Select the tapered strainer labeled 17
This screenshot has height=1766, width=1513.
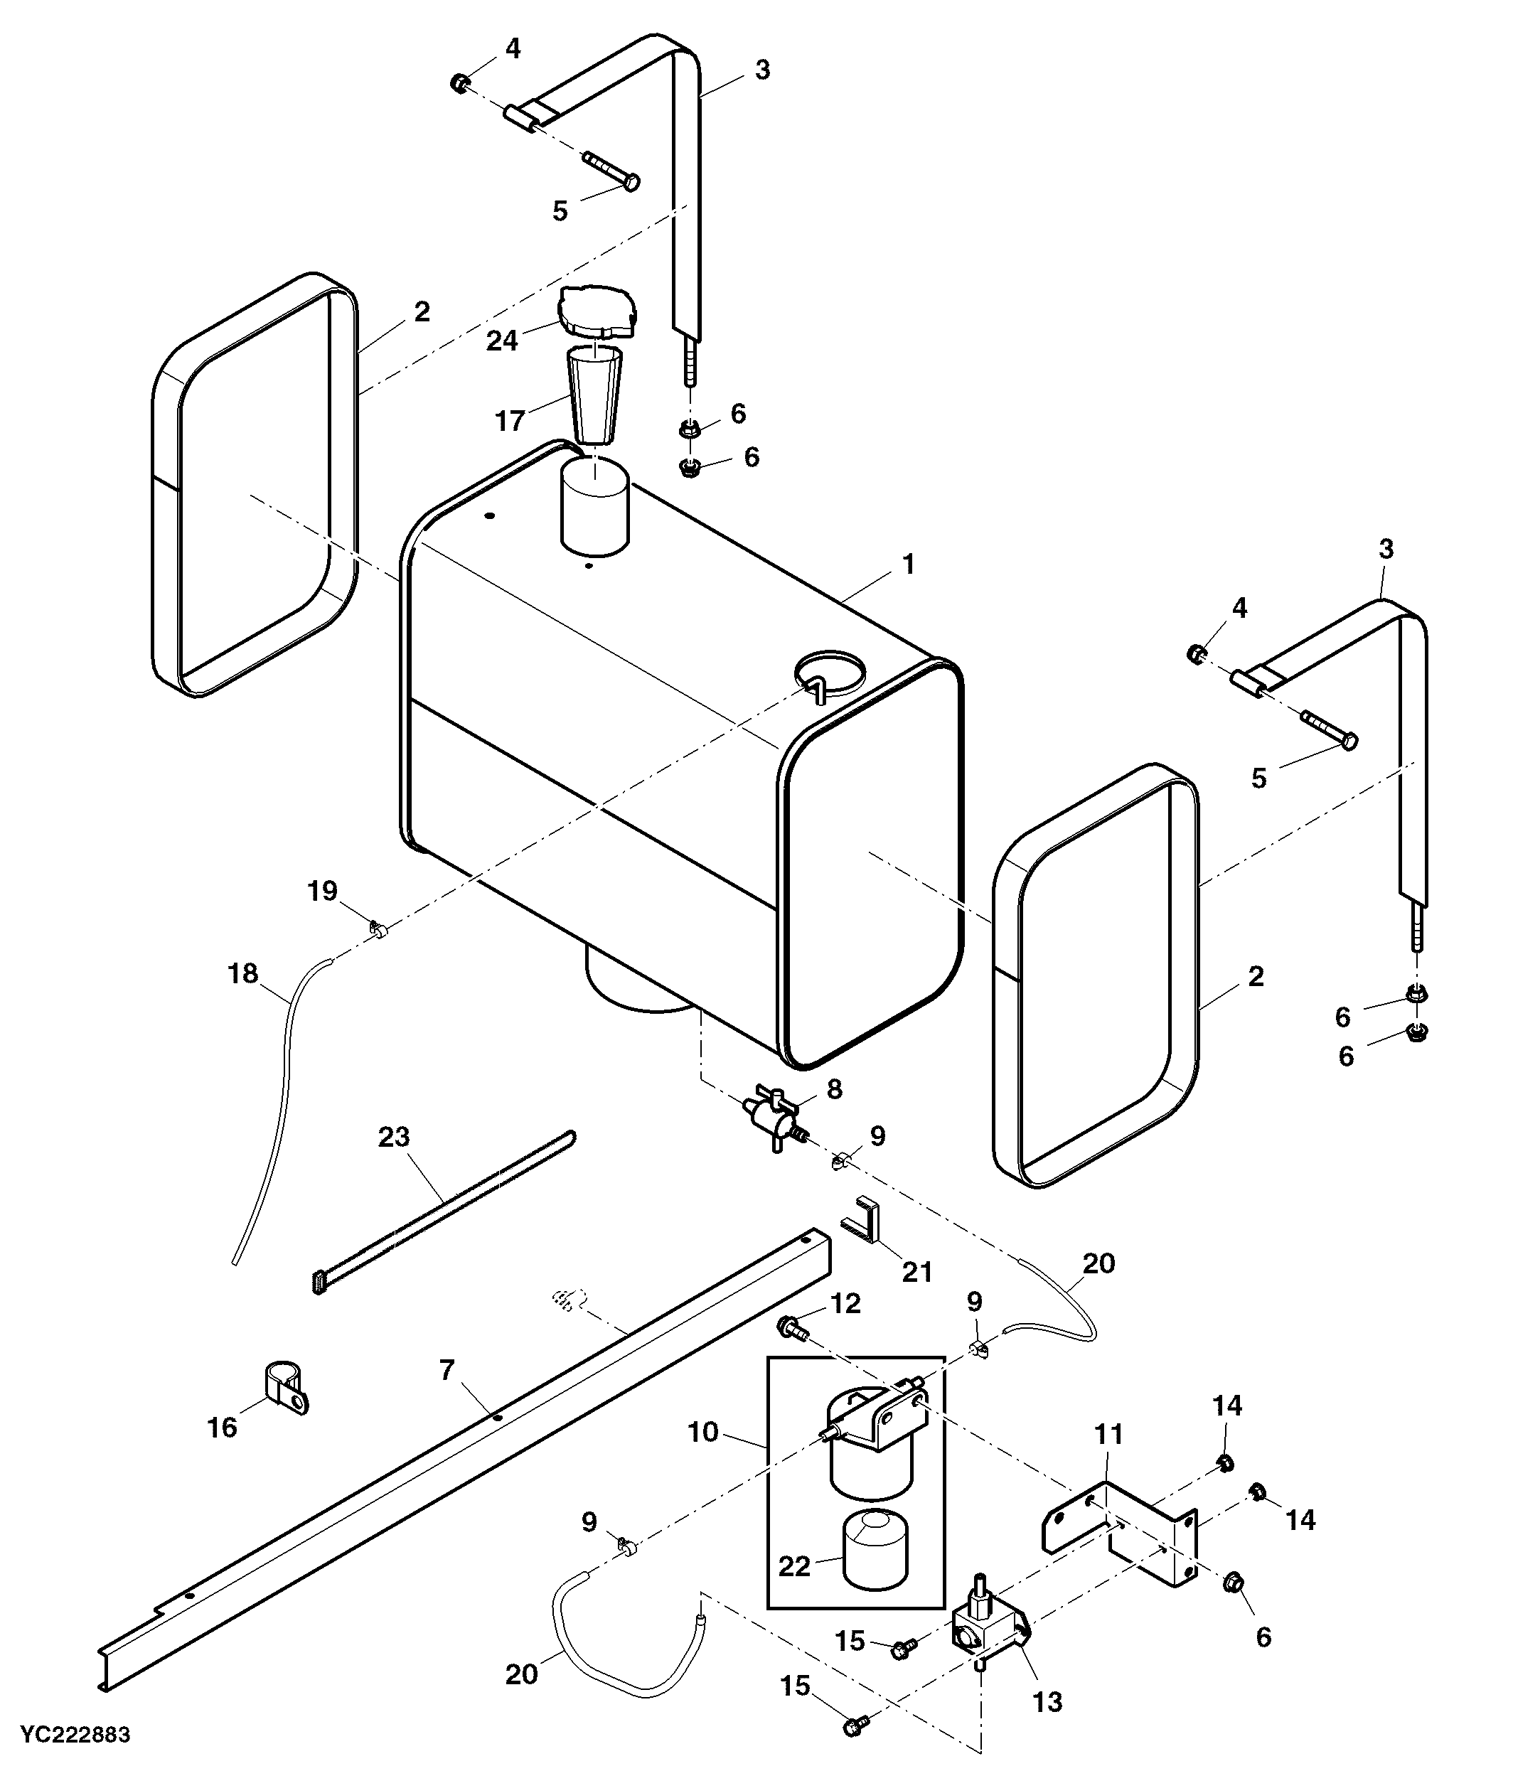tap(595, 394)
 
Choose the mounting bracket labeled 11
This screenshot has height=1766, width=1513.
tap(1122, 1534)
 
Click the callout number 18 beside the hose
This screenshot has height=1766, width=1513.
tap(243, 973)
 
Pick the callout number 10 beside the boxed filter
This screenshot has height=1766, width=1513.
tap(703, 1432)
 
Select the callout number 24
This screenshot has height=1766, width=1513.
tap(502, 341)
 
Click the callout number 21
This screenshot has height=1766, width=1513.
tap(917, 1272)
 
